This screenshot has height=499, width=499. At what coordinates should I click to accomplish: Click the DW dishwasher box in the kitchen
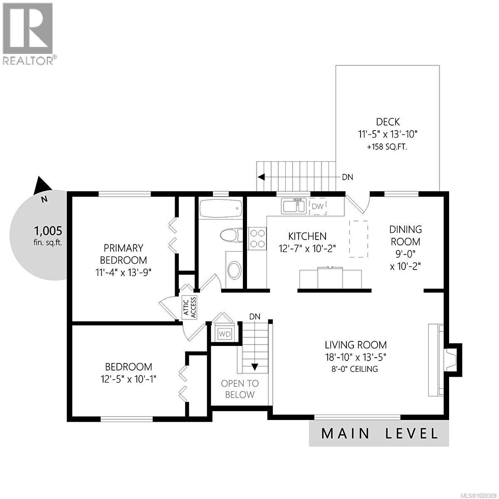318,207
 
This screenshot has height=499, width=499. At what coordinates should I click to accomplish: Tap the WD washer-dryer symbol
225,334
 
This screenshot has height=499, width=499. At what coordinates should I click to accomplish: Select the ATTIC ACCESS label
190,308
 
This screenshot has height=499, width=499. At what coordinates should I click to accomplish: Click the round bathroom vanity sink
234,270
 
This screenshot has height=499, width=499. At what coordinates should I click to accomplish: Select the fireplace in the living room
449,360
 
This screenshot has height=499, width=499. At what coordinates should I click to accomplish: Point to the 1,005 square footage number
48,230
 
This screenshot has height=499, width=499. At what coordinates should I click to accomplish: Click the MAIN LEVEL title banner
379,433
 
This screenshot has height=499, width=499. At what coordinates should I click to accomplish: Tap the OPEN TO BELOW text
240,389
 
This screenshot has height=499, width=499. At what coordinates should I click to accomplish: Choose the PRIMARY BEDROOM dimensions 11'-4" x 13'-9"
124,273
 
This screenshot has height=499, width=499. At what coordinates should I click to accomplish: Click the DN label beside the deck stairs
347,177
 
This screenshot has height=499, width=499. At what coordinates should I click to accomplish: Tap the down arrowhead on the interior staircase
254,367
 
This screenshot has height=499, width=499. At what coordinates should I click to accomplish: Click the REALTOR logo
28,33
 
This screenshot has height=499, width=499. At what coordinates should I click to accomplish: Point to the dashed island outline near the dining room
358,239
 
